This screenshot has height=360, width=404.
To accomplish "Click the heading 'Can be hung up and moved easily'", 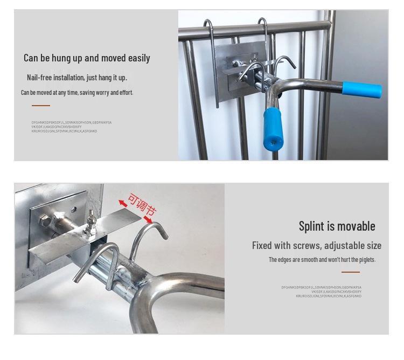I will (x=87, y=58).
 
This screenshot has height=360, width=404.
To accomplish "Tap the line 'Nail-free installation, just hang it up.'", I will (x=76, y=78).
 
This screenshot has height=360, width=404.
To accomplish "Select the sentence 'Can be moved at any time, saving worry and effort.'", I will (x=77, y=93).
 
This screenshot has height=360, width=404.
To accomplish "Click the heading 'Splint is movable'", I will (x=337, y=226).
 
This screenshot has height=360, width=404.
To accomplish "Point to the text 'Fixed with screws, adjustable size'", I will (x=316, y=246).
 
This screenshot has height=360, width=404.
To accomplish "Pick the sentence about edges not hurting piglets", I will (x=322, y=260).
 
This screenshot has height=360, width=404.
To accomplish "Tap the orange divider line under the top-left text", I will (x=40, y=106).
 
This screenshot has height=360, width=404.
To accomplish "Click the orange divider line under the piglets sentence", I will (x=350, y=272).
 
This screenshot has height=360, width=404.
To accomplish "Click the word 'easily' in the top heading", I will (x=137, y=58).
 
